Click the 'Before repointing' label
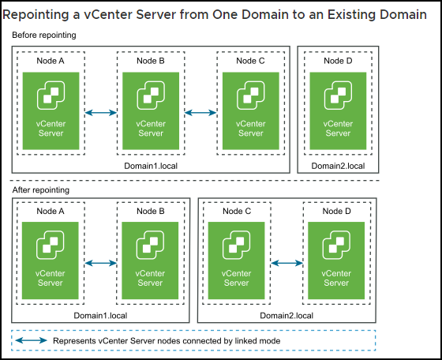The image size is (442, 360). (44, 36)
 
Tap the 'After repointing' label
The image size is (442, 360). (40, 190)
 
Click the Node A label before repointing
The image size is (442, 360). (51, 61)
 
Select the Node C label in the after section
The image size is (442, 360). (237, 211)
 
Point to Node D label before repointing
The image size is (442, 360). (338, 61)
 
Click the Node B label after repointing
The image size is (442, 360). (151, 211)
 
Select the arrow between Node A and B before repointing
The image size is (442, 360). (101, 113)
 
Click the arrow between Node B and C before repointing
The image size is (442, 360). (200, 113)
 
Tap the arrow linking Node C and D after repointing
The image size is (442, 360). (287, 264)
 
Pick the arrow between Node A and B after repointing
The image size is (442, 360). (101, 264)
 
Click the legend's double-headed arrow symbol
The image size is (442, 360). (31, 340)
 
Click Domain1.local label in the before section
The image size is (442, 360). (151, 166)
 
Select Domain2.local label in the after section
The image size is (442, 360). (287, 316)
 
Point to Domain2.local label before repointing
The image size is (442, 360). (338, 166)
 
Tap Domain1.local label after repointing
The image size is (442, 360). (100, 316)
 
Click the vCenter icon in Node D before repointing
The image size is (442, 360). (338, 96)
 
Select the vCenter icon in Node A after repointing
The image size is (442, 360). (51, 245)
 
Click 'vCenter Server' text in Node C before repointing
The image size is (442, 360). (251, 128)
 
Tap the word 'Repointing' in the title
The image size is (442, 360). (36, 15)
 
